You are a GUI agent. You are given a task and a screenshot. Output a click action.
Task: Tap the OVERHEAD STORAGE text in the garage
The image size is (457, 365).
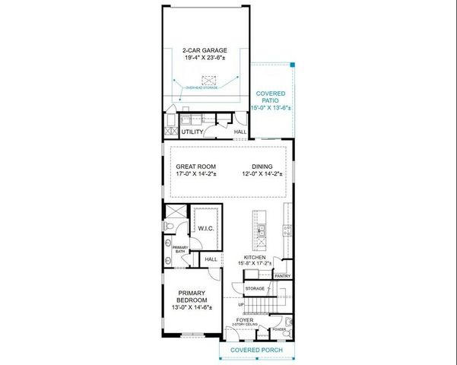coord(203,88)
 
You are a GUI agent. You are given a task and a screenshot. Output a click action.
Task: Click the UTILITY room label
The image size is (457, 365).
coord(192,132)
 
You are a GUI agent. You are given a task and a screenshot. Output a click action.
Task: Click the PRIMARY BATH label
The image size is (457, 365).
coord(180,249)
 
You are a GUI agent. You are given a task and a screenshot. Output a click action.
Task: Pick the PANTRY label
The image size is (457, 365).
coord(283,276)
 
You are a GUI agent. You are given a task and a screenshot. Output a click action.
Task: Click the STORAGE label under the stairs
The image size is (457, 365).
coord(255,289)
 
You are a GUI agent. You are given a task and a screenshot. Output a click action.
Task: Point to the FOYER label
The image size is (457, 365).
coord(244,320)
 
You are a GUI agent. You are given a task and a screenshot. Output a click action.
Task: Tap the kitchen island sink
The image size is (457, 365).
coord(260,230)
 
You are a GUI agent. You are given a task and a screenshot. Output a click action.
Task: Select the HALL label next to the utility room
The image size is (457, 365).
coord(240,132)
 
